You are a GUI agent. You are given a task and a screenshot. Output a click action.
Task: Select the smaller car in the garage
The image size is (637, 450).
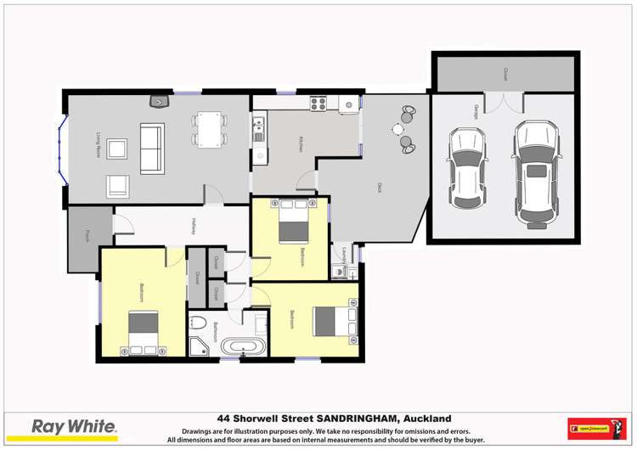click(465, 167)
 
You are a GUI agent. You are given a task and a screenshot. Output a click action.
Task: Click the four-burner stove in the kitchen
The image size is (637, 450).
click(318, 104)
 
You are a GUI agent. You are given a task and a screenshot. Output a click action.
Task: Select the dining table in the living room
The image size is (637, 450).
click(208, 128)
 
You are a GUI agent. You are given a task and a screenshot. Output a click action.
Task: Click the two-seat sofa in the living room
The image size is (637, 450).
click(153, 149)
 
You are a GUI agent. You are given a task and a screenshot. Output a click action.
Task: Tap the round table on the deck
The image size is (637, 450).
click(397, 129)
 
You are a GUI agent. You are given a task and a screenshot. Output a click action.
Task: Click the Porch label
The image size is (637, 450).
click(87, 236)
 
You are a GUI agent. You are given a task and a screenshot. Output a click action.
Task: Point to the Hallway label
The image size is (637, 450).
click(194, 227)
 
